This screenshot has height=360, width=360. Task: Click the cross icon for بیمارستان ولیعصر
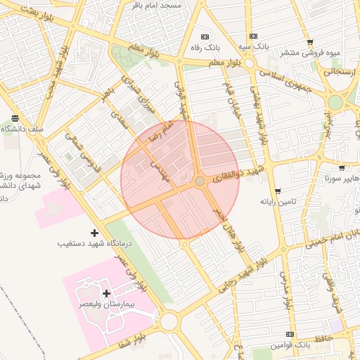point(106,293)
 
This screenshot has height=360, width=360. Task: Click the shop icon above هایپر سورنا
point(342,169)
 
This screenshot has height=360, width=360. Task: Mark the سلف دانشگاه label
point(22,129)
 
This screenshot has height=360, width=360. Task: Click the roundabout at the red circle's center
point(200,181)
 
